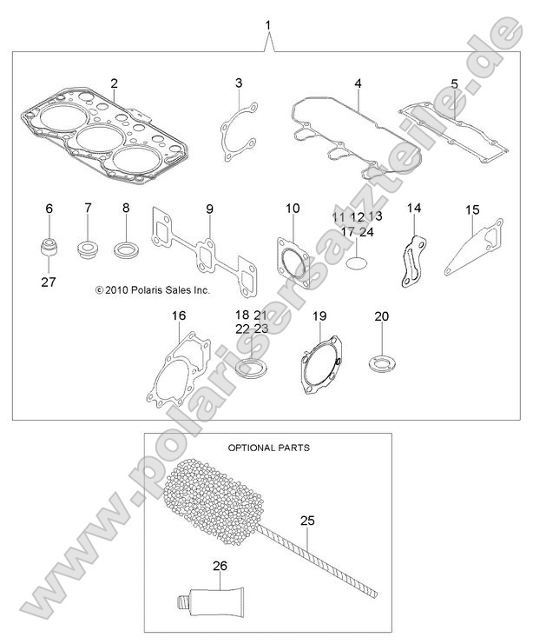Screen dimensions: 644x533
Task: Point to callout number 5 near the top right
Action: (x=454, y=83)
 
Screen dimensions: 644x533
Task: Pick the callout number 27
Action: (x=49, y=282)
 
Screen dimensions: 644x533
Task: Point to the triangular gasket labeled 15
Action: (x=473, y=252)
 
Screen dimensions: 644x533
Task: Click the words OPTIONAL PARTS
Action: (x=268, y=448)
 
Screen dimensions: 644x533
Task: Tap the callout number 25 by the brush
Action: (x=307, y=521)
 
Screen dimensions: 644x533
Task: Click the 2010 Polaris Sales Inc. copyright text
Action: (x=152, y=292)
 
